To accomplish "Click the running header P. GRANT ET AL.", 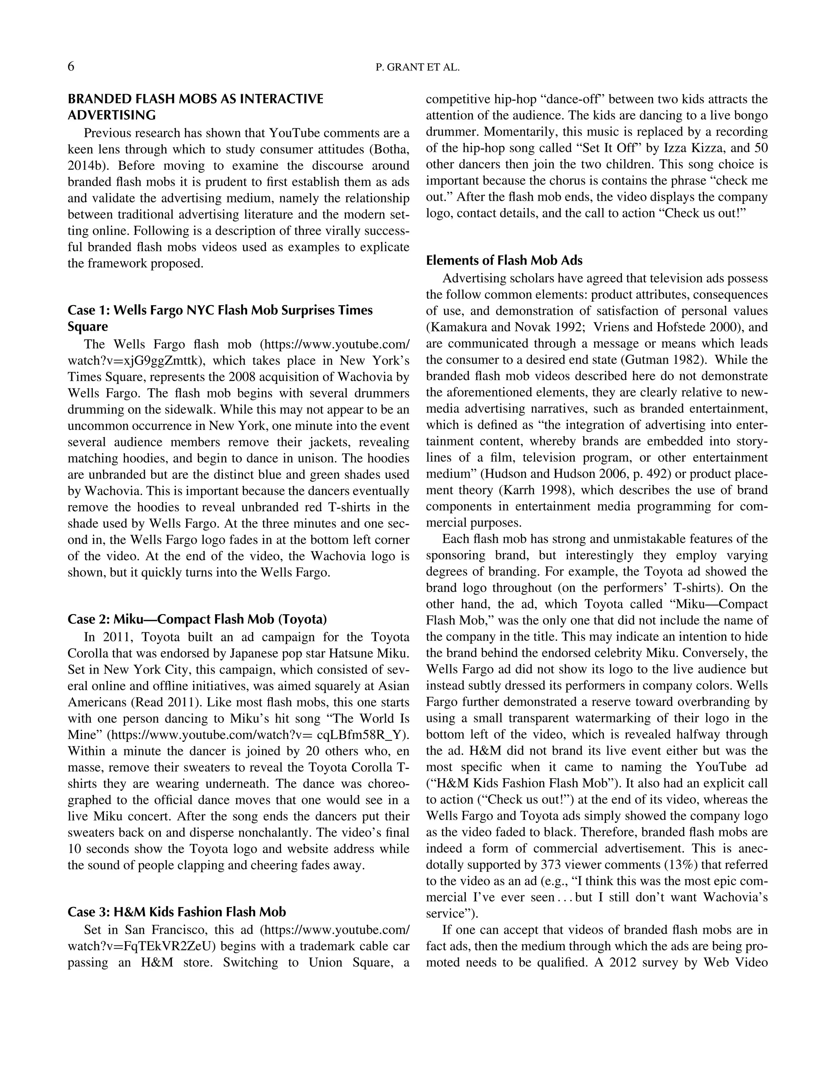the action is pos(417,68).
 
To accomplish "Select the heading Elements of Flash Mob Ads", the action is pos(504,260).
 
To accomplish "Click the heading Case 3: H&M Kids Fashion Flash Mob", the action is pos(176,912).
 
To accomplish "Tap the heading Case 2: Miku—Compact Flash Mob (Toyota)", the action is pos(197,619).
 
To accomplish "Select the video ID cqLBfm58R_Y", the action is pos(362,735).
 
